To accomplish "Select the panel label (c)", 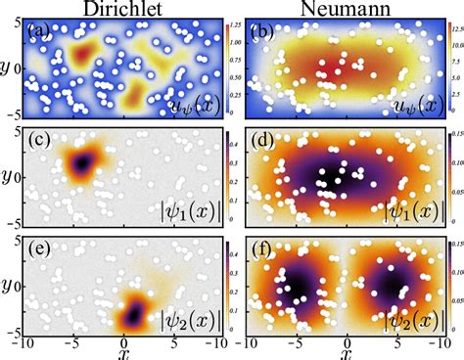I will coord(41,145).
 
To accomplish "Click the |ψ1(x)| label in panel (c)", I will coord(185,208).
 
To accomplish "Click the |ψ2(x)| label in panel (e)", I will coord(185,317).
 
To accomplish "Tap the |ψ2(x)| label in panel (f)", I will coord(402,317).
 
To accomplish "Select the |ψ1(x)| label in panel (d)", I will coord(402,208).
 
